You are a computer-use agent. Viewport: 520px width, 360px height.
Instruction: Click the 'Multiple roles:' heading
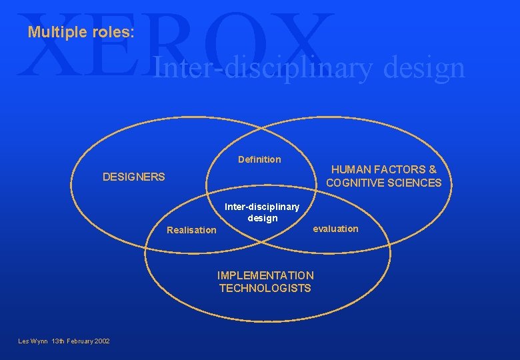click(81, 32)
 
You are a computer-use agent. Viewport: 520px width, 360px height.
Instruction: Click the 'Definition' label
click(259, 159)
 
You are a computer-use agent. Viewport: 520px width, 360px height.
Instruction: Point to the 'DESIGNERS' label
click(133, 177)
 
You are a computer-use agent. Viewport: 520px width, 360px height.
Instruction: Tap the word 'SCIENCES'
click(415, 183)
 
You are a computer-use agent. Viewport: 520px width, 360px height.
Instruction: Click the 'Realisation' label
click(191, 230)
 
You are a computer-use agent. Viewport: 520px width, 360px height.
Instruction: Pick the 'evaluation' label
click(335, 229)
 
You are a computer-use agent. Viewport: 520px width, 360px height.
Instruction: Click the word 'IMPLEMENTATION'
click(265, 275)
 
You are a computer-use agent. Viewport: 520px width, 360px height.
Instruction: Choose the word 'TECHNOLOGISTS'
click(265, 288)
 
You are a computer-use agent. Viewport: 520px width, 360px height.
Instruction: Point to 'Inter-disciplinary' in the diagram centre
click(262, 207)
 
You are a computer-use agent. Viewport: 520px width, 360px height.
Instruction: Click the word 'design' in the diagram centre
click(262, 218)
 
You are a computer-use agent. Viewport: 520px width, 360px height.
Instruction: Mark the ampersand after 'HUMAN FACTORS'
click(432, 170)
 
